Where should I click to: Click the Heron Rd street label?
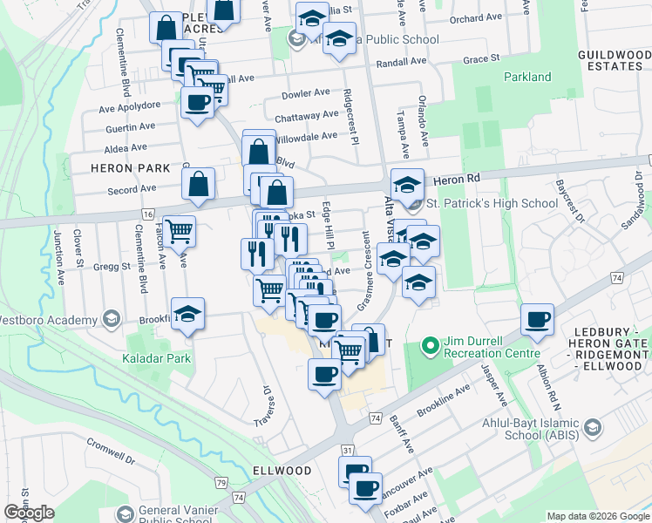(x=463, y=177)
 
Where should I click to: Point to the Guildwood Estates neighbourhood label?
(x=615, y=60)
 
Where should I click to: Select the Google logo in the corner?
(x=29, y=513)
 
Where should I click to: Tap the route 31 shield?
(x=347, y=450)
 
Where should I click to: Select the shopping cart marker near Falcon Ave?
(x=179, y=231)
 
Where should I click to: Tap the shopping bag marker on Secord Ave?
(x=199, y=184)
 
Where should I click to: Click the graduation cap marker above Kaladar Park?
(x=187, y=315)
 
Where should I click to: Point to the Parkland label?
(x=527, y=77)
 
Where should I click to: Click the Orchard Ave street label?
(x=477, y=17)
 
